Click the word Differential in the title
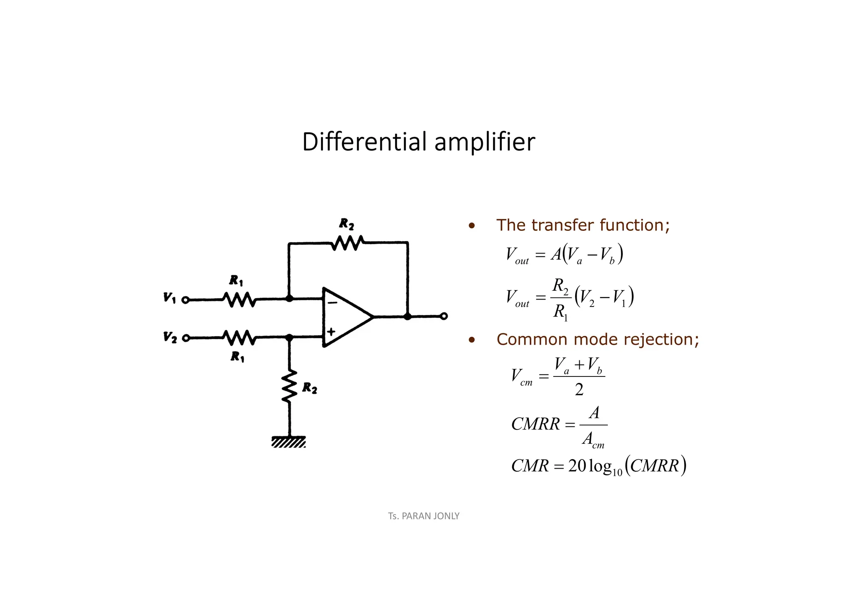[364, 142]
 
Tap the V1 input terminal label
[169, 298]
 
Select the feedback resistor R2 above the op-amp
[347, 243]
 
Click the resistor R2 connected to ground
[289, 386]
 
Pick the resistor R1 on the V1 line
[239, 299]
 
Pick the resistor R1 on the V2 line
[239, 338]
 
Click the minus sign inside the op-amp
[332, 303]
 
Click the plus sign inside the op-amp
[331, 331]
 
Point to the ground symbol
[289, 442]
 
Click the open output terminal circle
[444, 316]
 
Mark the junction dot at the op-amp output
[407, 316]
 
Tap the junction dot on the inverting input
[289, 298]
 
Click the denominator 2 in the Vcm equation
[579, 390]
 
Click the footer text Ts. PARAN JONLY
[424, 516]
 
